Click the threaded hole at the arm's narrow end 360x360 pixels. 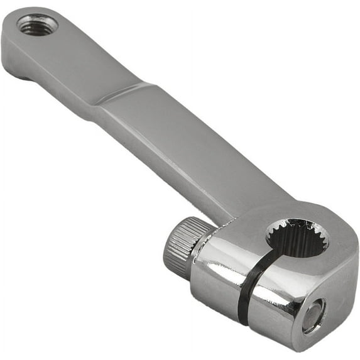click(37, 25)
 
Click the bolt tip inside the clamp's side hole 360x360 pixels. click(312, 315)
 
